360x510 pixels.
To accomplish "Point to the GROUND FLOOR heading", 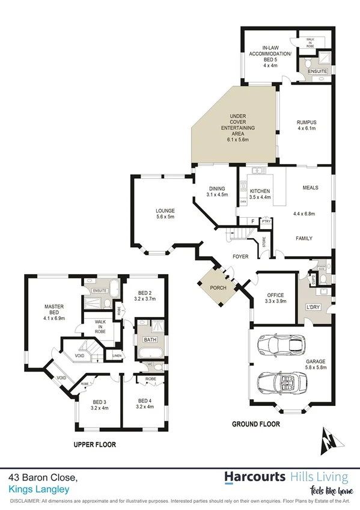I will click(257, 424).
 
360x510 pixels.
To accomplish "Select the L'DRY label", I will click(313, 307).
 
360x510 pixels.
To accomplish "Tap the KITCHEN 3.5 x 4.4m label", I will click(260, 194).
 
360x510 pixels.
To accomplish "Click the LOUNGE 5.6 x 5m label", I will click(165, 214).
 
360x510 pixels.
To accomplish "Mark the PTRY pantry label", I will click(266, 221).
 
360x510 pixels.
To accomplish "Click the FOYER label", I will click(241, 257).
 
